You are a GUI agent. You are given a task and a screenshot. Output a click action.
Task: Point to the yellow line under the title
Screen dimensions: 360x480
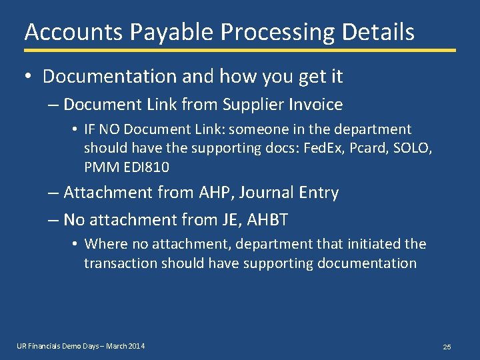coord(240,50)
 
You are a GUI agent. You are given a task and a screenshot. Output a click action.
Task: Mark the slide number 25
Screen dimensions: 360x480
coord(447,347)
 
